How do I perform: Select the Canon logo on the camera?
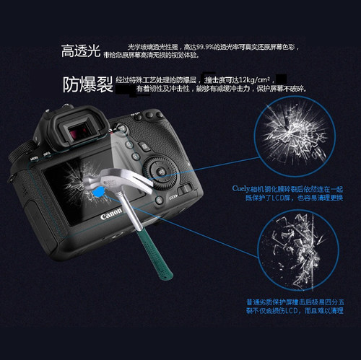(x=110, y=214)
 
